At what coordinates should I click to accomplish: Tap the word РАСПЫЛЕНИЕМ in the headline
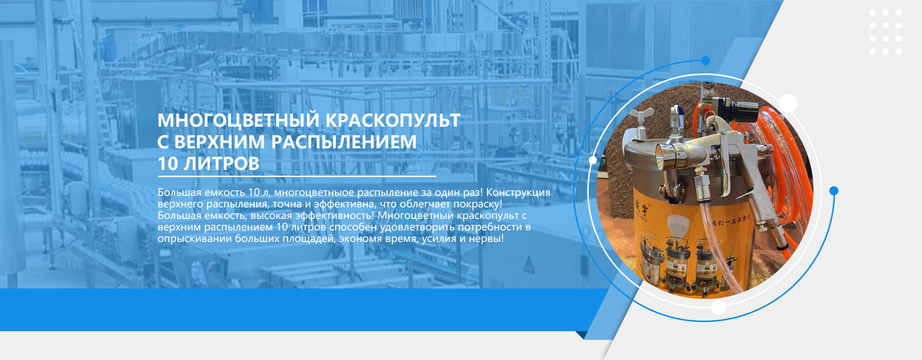pyautogui.click(x=344, y=142)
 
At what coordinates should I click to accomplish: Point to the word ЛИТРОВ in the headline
pyautogui.click(x=222, y=164)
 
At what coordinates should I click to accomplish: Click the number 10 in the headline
pyautogui.click(x=168, y=164)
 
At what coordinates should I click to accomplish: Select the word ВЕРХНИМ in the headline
pyautogui.click(x=219, y=142)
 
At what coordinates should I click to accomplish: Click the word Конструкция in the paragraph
pyautogui.click(x=518, y=192)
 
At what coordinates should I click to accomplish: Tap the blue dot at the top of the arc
pyautogui.click(x=705, y=60)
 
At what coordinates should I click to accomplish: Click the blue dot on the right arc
pyautogui.click(x=834, y=191)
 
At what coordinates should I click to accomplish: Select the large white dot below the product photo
pyautogui.click(x=718, y=307)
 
